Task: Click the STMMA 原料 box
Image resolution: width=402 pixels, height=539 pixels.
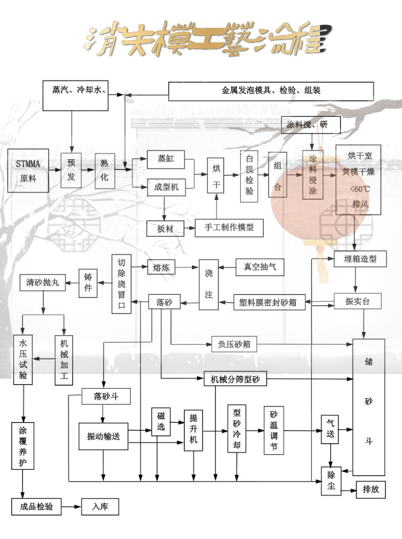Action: pos(28,171)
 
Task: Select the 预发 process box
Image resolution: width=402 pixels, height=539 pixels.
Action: pos(71,170)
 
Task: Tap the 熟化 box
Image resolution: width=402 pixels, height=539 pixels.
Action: pos(105,170)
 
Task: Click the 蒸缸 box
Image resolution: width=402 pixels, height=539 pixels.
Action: pos(166,159)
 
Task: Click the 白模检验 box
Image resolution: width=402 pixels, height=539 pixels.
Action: pos(250,175)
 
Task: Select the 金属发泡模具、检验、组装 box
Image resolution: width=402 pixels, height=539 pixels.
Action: pos(271,91)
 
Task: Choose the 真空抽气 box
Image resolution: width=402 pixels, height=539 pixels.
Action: pos(260,266)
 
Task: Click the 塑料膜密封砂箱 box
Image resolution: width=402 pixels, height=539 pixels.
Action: pos(270,302)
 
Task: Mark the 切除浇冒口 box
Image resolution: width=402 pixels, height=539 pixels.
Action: pos(121,284)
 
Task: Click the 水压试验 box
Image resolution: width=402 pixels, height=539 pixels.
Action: pos(23,359)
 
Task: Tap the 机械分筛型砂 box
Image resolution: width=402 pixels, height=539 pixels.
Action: pos(235,379)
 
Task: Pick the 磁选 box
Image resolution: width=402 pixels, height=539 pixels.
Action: pos(161,422)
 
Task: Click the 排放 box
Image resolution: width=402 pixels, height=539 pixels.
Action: pos(371,489)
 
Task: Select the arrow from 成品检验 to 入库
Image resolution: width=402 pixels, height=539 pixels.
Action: pos(71,506)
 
